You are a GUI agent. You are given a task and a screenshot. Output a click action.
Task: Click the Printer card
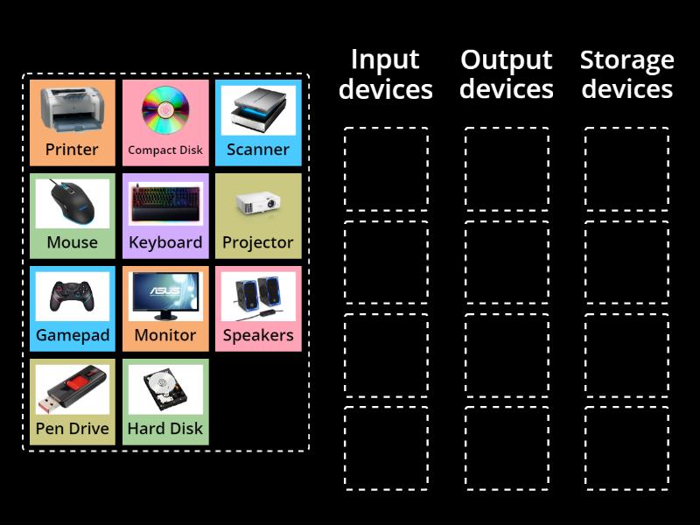[73, 122]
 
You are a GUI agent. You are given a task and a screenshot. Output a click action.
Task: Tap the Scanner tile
[258, 122]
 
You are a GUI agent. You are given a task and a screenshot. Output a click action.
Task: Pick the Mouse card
[73, 215]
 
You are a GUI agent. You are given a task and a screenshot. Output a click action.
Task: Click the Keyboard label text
[165, 242]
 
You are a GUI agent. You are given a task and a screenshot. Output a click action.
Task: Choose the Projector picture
[258, 204]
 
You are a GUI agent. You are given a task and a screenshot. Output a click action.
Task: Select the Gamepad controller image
[73, 297]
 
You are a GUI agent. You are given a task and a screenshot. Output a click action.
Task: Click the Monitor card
[165, 308]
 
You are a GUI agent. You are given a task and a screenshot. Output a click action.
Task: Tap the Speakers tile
[258, 308]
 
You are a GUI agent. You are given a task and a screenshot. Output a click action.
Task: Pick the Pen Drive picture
[73, 390]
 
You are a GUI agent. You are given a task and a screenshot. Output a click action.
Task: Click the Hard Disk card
[165, 402]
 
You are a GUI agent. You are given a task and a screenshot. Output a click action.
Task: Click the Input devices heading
[386, 74]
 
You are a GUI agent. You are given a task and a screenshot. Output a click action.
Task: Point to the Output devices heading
[507, 74]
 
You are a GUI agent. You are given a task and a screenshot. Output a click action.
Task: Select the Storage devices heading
[627, 74]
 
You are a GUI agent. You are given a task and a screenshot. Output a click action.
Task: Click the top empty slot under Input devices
[386, 170]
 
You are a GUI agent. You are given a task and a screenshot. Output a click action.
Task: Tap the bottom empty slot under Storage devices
[627, 448]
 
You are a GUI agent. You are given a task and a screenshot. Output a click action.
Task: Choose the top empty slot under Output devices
[507, 170]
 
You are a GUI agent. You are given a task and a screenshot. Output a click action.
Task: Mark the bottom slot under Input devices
[386, 448]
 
